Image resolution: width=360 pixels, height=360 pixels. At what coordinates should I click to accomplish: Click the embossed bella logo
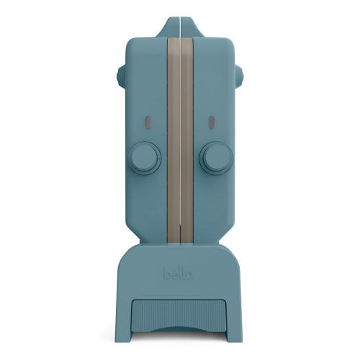[x=179, y=274]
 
